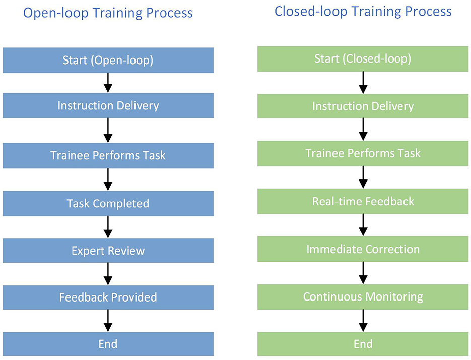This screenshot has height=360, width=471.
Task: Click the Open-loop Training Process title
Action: click(x=108, y=13)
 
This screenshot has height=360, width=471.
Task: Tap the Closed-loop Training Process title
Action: click(x=363, y=12)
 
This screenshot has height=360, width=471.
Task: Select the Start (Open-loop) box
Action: click(x=108, y=60)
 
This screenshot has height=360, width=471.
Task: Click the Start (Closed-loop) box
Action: click(x=363, y=58)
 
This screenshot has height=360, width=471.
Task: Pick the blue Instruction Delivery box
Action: click(x=108, y=105)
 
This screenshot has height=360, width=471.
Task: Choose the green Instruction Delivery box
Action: click(x=363, y=106)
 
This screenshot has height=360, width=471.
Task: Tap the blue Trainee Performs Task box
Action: click(x=108, y=155)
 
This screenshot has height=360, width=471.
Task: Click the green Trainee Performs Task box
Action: click(x=363, y=153)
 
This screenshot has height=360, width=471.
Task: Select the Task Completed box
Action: click(x=108, y=203)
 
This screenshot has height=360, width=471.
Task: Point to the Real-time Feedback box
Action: click(x=363, y=201)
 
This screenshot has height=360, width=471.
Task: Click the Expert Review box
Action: click(x=108, y=251)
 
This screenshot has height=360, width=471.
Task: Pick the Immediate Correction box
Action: click(x=363, y=249)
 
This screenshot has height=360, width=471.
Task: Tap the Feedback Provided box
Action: click(x=108, y=297)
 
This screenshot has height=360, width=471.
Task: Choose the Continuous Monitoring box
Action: click(x=363, y=297)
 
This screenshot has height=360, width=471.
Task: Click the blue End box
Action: click(x=108, y=344)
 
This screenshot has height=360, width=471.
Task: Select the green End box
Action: click(x=363, y=344)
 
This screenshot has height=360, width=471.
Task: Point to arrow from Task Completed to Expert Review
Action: click(x=108, y=227)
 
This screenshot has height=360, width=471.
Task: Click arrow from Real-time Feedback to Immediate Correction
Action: click(x=363, y=225)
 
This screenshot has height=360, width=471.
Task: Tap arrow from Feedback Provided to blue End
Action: click(x=108, y=321)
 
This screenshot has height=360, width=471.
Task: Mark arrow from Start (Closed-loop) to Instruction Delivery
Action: click(x=363, y=83)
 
